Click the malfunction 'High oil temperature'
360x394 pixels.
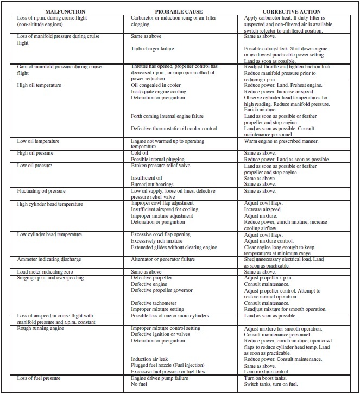[x=39, y=85]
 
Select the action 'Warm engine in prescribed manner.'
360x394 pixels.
[x=281, y=141]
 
